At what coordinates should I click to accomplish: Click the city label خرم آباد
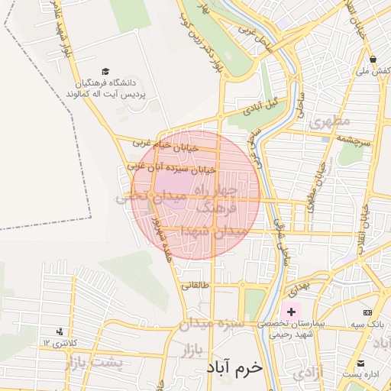[234, 367]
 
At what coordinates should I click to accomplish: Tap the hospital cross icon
[291, 312]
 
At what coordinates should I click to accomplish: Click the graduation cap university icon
[105, 70]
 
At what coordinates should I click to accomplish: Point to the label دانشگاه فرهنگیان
[114, 82]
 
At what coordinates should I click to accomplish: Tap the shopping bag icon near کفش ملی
[372, 59]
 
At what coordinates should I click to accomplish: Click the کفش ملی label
[373, 72]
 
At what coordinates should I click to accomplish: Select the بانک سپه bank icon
[368, 312]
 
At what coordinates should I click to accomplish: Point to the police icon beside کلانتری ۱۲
[59, 331]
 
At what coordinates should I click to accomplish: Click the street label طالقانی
[194, 286]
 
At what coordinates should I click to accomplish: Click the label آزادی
[309, 372]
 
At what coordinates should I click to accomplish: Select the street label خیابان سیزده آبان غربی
[173, 164]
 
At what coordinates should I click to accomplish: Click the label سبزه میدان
[211, 325]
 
